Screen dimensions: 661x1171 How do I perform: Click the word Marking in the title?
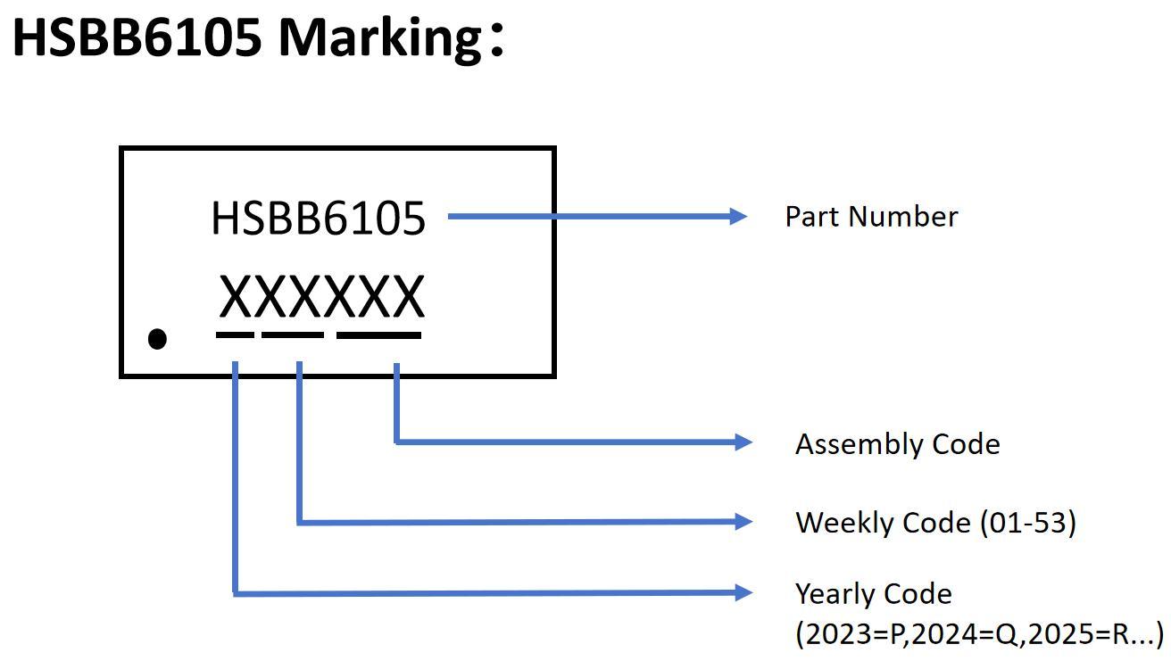click(x=380, y=37)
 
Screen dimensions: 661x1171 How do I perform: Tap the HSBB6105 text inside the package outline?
click(x=319, y=219)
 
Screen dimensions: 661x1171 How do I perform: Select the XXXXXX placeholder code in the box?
click(x=321, y=297)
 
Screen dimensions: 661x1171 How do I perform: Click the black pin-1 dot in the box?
click(x=157, y=339)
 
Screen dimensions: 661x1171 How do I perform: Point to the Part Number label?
click(x=871, y=217)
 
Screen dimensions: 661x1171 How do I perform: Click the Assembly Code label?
click(x=897, y=444)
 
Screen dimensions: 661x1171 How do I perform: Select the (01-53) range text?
click(x=1028, y=523)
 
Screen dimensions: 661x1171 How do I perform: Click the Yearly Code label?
click(x=873, y=594)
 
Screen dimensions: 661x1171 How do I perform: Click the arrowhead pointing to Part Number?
click(x=738, y=216)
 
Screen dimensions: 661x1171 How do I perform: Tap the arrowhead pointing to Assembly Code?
click(x=743, y=442)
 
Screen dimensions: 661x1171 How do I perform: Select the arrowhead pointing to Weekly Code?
click(x=743, y=521)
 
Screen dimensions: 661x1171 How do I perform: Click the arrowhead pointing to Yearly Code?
click(x=743, y=591)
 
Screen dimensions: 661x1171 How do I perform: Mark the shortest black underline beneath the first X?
click(x=235, y=335)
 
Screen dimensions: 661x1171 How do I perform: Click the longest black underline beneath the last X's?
click(x=378, y=335)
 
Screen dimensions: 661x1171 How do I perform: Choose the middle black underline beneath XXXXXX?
click(x=293, y=335)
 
